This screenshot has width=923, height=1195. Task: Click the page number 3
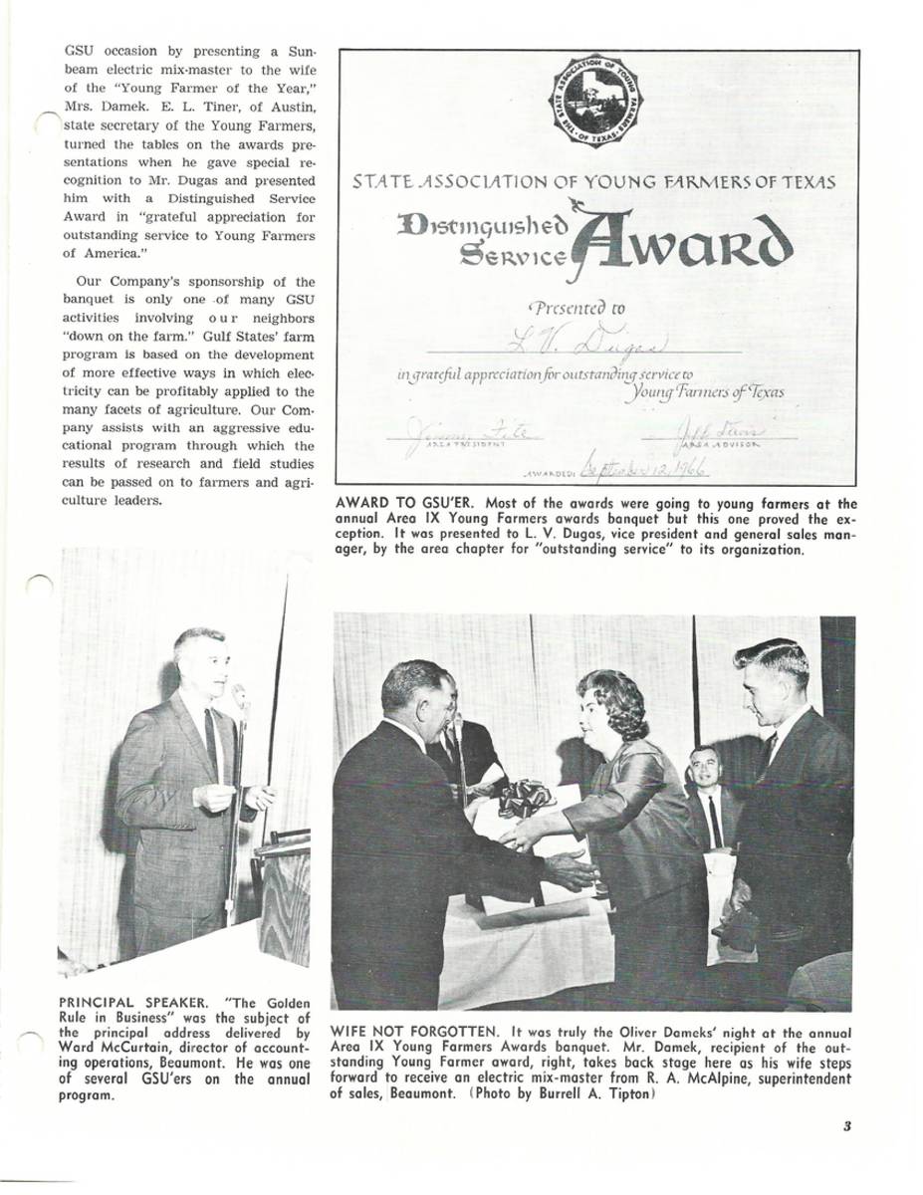pos(845,1126)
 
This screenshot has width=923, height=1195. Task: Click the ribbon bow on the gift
pos(525,798)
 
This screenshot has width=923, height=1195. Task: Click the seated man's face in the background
pos(704,768)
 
